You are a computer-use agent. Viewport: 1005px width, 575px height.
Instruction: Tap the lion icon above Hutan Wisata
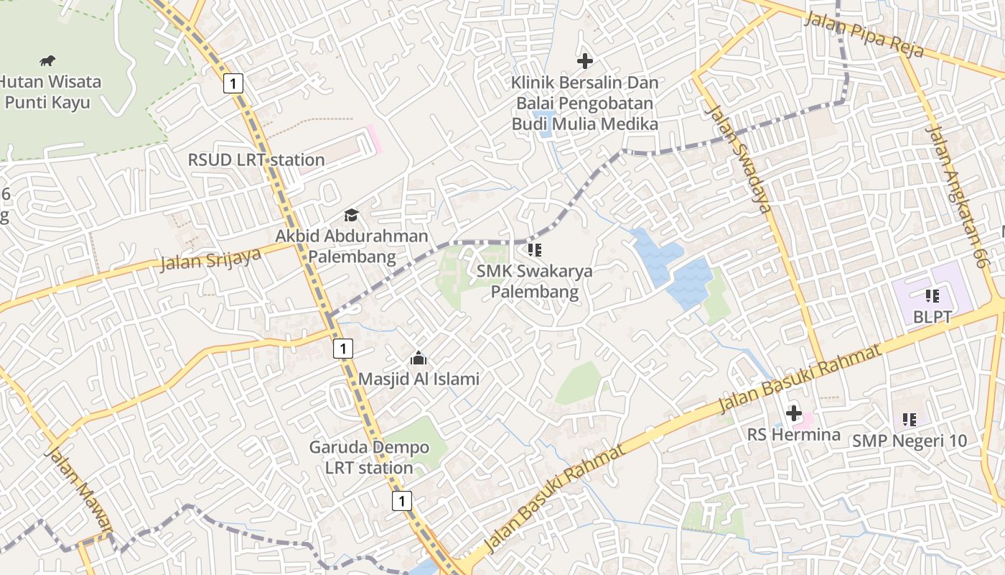(x=47, y=60)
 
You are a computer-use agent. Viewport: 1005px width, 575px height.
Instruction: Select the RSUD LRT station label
(x=256, y=160)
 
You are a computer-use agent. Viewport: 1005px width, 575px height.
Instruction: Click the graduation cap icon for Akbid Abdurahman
(x=351, y=215)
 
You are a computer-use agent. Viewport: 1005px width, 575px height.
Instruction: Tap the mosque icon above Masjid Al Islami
(x=419, y=358)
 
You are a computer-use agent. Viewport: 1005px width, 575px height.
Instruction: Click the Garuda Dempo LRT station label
(x=369, y=457)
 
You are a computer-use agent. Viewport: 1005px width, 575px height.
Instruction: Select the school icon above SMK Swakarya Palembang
(x=535, y=250)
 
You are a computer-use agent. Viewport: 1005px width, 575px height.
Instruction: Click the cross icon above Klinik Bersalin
(x=585, y=61)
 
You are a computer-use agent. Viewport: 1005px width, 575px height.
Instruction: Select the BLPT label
(x=932, y=316)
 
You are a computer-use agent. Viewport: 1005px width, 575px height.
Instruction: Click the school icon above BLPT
(x=932, y=295)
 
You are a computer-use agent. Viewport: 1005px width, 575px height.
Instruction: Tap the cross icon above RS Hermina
(x=794, y=413)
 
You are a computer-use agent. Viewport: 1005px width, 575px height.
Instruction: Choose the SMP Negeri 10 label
(x=910, y=441)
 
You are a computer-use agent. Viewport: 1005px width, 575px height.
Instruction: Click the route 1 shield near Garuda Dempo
(x=402, y=501)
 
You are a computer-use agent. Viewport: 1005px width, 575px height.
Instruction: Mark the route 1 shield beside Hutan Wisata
(x=233, y=83)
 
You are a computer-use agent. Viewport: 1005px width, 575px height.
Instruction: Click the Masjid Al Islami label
(x=419, y=379)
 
